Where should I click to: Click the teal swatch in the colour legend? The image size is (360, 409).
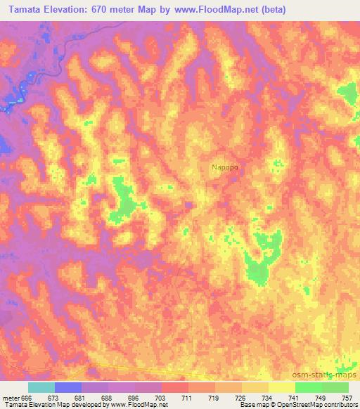click(41, 387)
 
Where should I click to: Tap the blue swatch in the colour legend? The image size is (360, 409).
click(67, 387)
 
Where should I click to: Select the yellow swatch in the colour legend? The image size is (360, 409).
click(281, 387)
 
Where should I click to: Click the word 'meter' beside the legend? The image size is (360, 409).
click(12, 398)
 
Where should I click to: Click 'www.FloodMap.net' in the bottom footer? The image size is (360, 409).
click(138, 405)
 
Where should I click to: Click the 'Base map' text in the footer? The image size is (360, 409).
click(250, 405)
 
